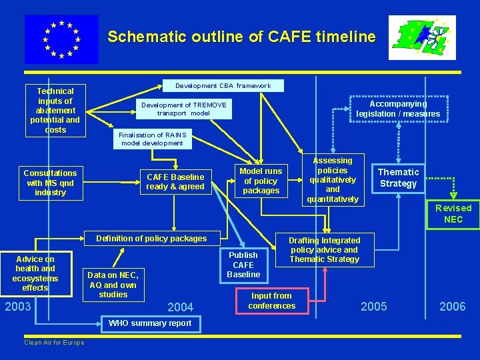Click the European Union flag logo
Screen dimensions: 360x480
(x=61, y=39)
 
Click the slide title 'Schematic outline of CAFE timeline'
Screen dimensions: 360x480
(x=242, y=37)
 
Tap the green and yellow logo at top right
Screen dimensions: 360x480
(x=422, y=38)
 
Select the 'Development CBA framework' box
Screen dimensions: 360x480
(x=223, y=85)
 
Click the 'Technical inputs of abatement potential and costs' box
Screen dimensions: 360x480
(x=55, y=110)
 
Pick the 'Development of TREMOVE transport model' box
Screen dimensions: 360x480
(x=183, y=109)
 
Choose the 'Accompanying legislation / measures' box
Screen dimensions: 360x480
(x=398, y=109)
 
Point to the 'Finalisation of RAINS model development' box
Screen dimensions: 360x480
(x=153, y=139)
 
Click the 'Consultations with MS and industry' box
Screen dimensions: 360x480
(x=51, y=183)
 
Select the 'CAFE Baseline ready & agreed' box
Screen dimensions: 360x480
(x=175, y=182)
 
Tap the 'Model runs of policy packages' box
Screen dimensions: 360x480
(x=261, y=181)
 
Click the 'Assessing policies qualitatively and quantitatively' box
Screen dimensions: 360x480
(x=333, y=180)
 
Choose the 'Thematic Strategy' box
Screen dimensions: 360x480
(x=398, y=178)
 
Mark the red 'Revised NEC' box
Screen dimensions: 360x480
(x=453, y=213)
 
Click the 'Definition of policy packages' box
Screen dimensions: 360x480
(x=151, y=238)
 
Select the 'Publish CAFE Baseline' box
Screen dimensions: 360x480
(x=243, y=264)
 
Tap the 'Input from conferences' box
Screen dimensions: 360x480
(x=271, y=301)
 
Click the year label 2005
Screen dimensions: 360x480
(x=373, y=306)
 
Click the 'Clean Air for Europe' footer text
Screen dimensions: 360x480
(x=54, y=343)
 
